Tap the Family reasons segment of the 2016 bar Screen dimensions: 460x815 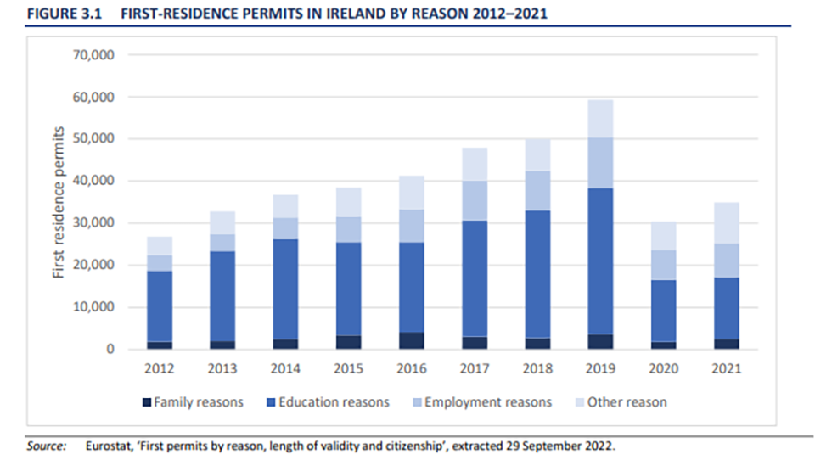click(x=411, y=340)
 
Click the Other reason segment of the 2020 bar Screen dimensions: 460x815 click(x=664, y=237)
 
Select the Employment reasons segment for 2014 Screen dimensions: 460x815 click(x=284, y=228)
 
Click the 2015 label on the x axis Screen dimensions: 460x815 click(x=347, y=369)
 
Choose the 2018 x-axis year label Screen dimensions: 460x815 click(x=537, y=369)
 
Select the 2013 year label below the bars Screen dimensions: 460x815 click(x=222, y=369)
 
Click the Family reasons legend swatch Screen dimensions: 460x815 click(x=146, y=401)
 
